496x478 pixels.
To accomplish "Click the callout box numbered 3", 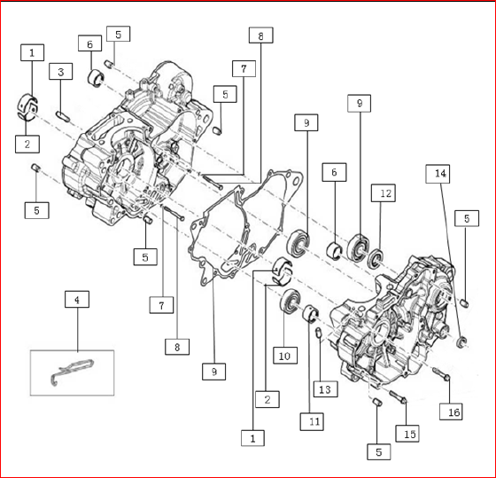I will [60, 71].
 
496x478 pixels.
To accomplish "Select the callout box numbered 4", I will [77, 300].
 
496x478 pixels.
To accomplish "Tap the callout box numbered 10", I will [283, 356].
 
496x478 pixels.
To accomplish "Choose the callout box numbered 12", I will [382, 192].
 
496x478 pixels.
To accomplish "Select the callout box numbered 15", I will [408, 434].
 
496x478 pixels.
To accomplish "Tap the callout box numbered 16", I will [452, 411].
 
